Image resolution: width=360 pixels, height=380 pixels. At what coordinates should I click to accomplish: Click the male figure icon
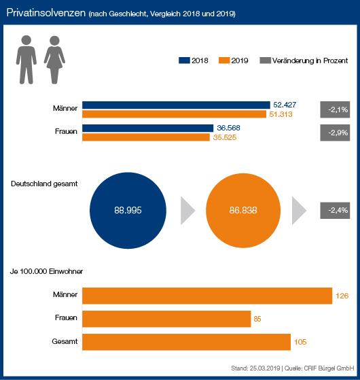click(x=26, y=60)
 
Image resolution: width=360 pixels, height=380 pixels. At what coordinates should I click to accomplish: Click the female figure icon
click(x=54, y=60)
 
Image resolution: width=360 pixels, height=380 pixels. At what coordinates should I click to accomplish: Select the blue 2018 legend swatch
click(x=184, y=61)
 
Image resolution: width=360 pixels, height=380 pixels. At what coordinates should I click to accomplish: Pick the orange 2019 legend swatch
click(x=224, y=61)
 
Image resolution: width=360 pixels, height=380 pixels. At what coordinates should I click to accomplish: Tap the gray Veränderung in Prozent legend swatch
click(x=266, y=61)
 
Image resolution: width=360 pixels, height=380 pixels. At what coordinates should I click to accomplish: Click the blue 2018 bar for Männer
click(x=176, y=105)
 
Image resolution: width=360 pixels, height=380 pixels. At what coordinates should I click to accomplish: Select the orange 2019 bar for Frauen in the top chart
click(x=146, y=137)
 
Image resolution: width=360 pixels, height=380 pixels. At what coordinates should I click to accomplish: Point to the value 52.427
click(x=285, y=105)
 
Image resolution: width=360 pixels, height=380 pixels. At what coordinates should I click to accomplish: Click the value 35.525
click(x=225, y=137)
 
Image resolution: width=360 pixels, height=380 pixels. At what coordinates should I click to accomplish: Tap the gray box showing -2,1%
click(x=335, y=109)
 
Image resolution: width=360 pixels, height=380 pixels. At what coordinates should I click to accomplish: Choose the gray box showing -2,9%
click(x=335, y=133)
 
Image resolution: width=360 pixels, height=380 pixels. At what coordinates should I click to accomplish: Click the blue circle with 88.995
click(x=128, y=210)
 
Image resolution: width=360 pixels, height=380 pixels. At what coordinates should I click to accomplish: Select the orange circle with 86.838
click(x=243, y=210)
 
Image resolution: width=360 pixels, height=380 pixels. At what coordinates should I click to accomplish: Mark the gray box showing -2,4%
click(x=335, y=210)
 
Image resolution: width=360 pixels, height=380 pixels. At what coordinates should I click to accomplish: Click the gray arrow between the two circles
click(x=187, y=211)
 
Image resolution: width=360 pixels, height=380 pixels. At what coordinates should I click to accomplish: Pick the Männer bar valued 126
click(x=207, y=296)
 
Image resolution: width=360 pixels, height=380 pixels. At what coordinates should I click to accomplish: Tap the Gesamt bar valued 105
click(x=186, y=342)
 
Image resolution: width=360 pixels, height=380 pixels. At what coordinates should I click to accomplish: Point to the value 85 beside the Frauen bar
click(x=257, y=319)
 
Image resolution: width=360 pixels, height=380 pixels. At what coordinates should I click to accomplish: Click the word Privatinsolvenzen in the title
click(x=46, y=13)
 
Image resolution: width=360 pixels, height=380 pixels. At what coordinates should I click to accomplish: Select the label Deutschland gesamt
click(x=44, y=184)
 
